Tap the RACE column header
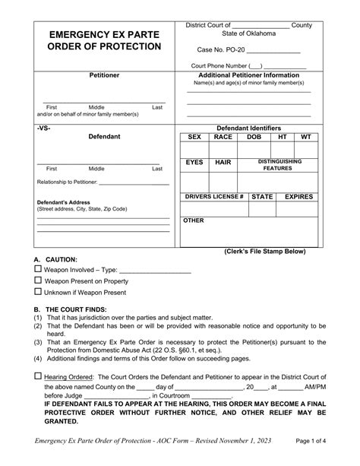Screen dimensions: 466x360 pyautogui.click(x=223, y=137)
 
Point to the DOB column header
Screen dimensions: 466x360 pyautogui.click(x=254, y=137)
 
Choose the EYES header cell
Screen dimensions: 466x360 pyautogui.click(x=194, y=162)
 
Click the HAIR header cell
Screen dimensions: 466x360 pyautogui.click(x=223, y=162)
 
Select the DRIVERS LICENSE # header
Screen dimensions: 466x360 pyautogui.click(x=213, y=196)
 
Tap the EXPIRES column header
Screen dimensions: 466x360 pyautogui.click(x=298, y=196)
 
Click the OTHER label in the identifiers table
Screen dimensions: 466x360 pyautogui.click(x=194, y=220)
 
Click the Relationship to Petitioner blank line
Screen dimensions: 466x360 pyautogui.click(x=134, y=183)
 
